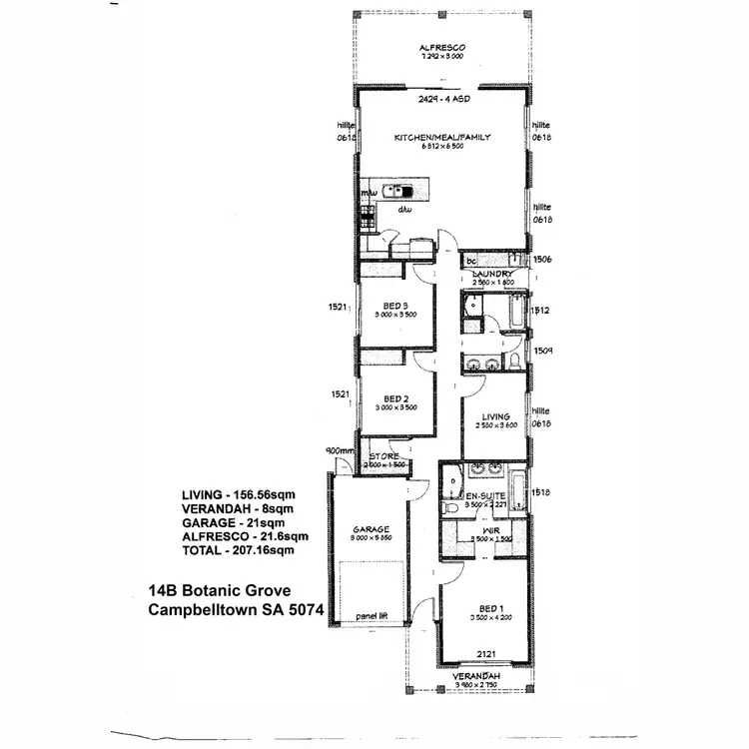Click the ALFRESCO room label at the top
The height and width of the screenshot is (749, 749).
(x=443, y=48)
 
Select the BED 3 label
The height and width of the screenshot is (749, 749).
(x=396, y=305)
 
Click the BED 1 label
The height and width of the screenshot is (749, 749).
(x=488, y=608)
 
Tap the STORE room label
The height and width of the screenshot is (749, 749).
(x=384, y=456)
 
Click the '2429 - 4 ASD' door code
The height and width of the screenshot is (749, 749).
(x=442, y=100)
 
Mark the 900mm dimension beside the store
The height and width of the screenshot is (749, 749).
(x=340, y=450)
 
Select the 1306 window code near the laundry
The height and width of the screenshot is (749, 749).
(x=542, y=259)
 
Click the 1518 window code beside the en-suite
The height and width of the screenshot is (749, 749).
(x=542, y=492)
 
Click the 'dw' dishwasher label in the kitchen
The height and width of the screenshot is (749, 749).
(x=404, y=211)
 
